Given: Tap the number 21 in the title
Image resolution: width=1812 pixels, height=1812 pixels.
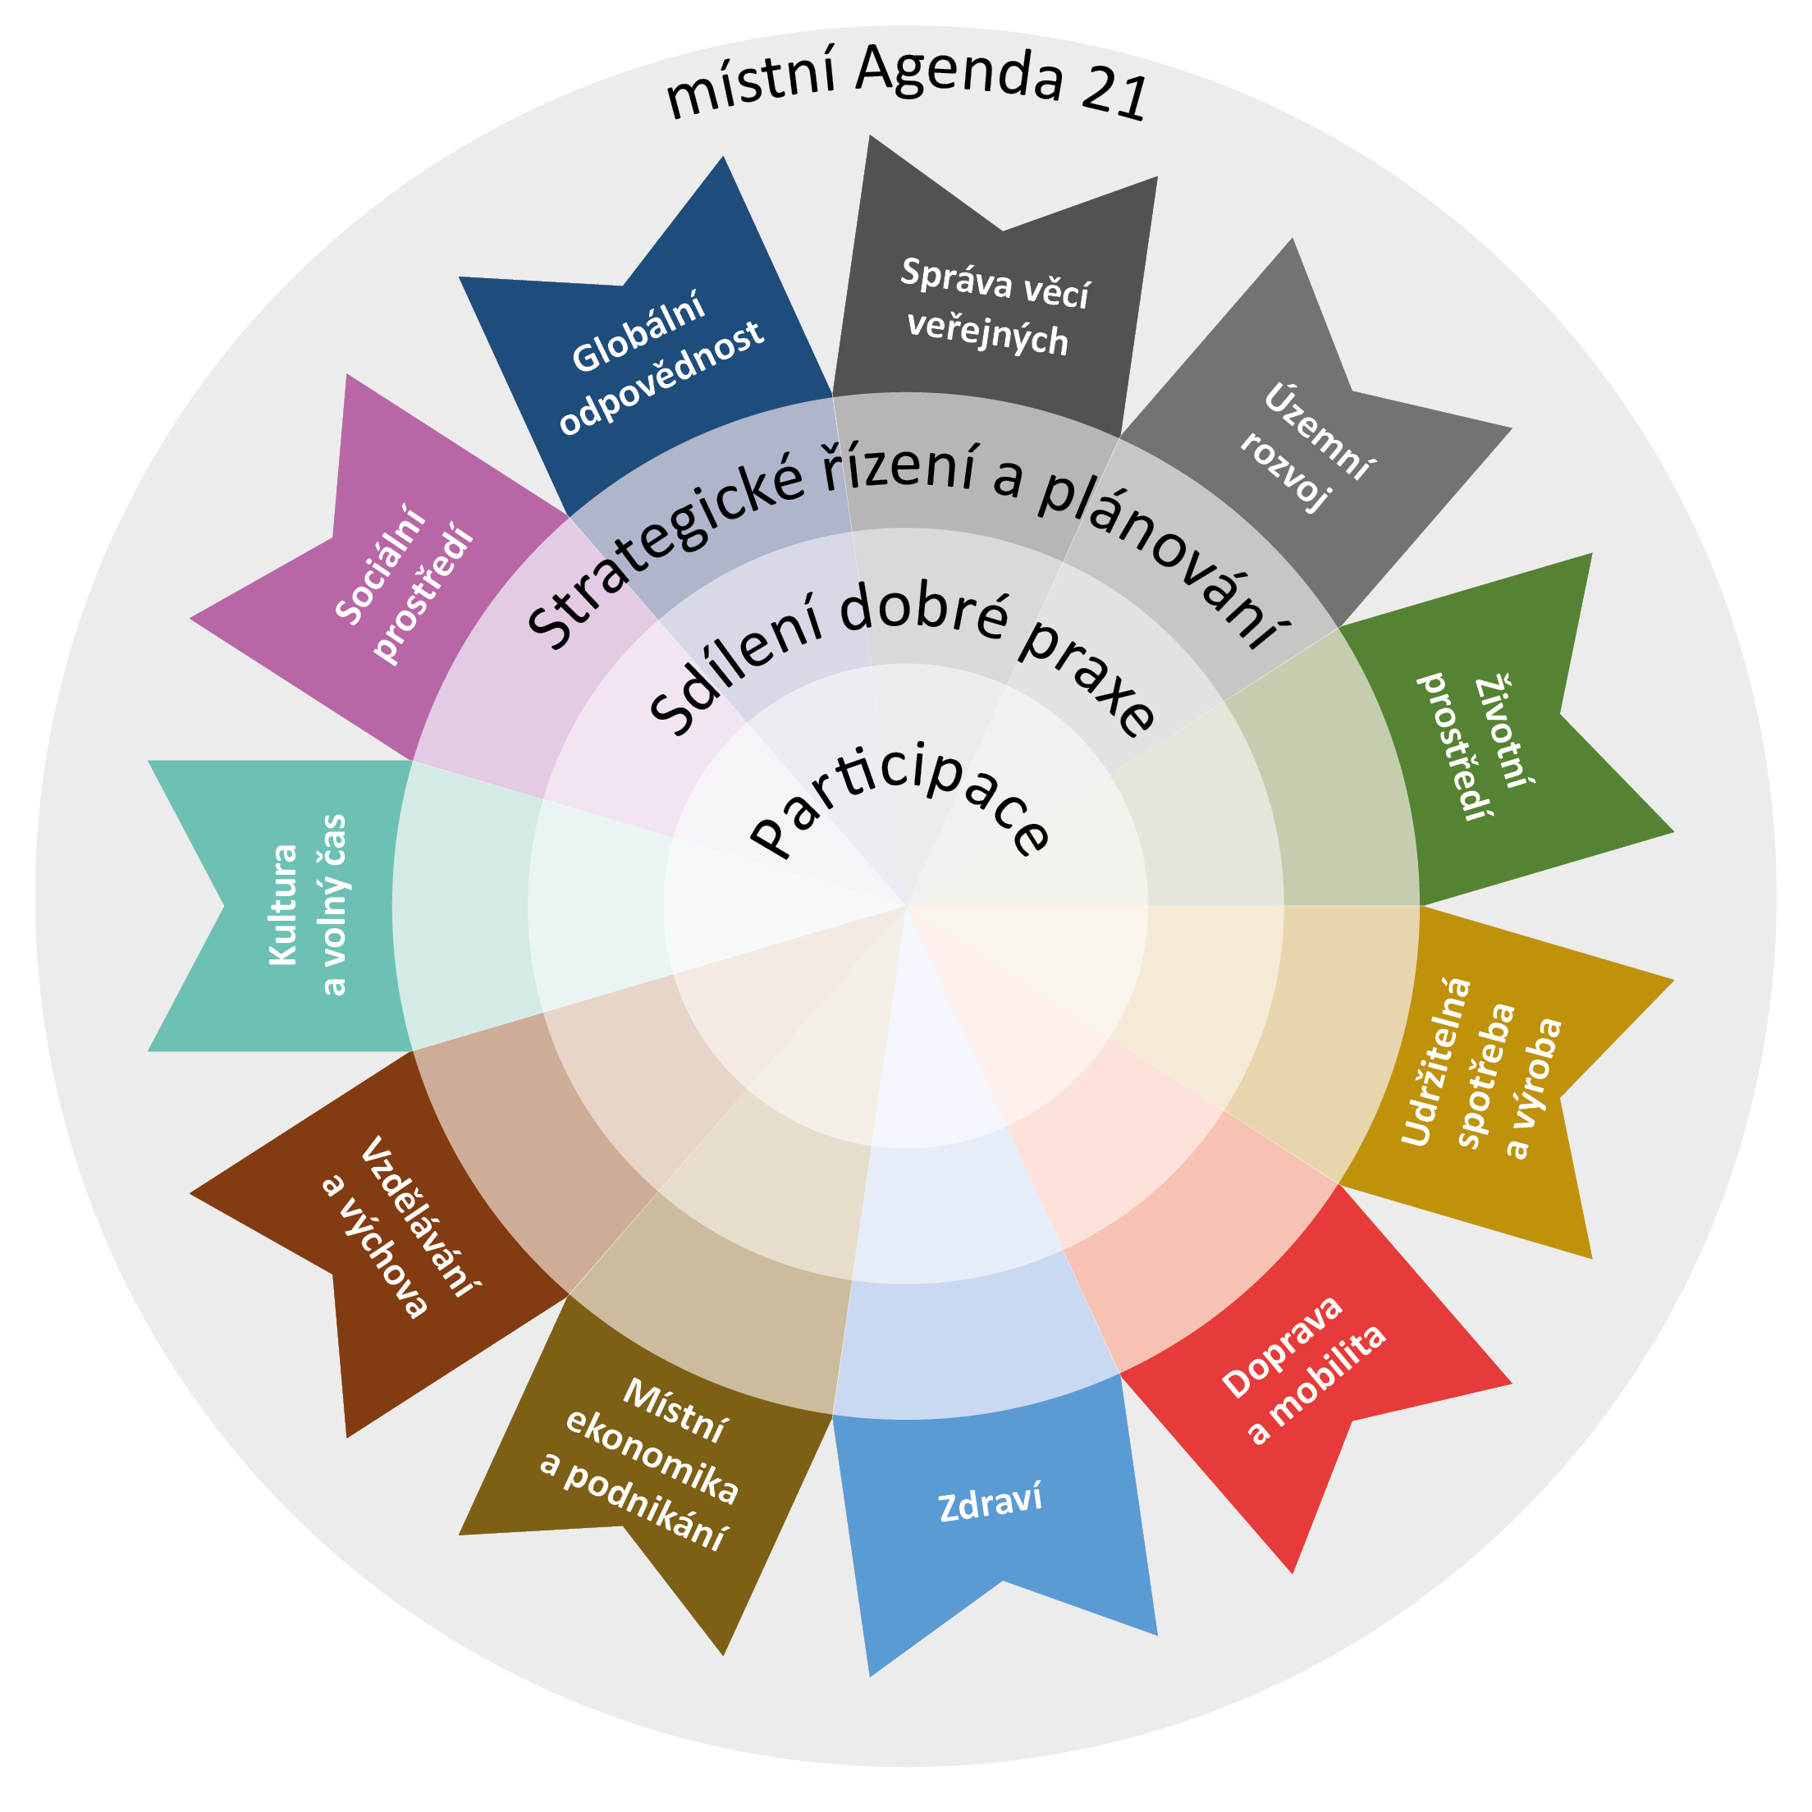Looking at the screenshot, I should coord(1114,94).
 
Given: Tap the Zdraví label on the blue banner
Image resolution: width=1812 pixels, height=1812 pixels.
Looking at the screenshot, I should coord(990,1504).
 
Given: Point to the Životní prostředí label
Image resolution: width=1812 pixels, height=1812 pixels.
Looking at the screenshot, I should coord(1477,746).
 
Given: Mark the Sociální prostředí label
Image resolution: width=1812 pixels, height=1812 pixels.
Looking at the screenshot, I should coord(403,585).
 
